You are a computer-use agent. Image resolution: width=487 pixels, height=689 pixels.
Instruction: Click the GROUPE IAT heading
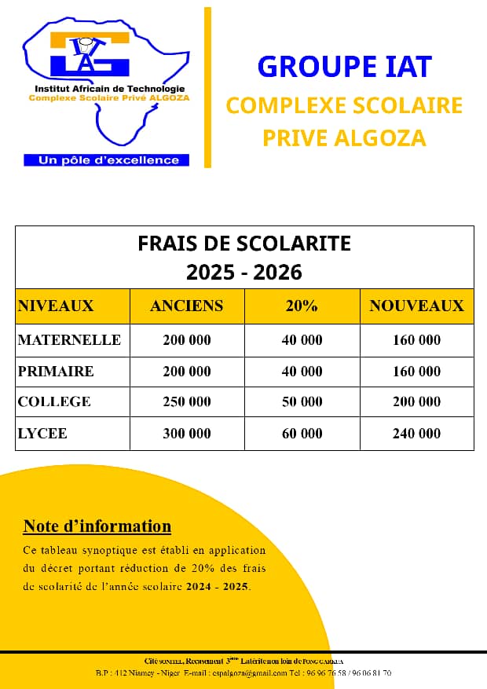345,67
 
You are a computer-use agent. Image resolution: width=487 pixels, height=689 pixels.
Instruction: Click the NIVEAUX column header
56,306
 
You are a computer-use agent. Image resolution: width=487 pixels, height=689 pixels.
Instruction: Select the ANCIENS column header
187,306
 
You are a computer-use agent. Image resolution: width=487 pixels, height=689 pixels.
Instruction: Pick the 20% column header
302,306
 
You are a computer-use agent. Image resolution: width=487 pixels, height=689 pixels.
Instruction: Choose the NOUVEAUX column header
416,306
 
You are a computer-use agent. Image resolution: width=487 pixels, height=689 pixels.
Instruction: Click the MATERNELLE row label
69,340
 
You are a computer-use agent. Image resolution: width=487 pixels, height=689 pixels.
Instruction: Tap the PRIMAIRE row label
56,371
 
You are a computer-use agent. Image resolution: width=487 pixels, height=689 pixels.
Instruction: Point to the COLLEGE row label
54,401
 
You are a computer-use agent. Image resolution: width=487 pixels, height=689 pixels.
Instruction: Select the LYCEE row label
42,433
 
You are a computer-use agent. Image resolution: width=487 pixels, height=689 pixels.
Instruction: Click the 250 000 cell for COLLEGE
187,401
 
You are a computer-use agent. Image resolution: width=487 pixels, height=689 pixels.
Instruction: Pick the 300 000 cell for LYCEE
187,433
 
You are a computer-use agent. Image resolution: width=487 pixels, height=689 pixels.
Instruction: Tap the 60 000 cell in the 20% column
302,433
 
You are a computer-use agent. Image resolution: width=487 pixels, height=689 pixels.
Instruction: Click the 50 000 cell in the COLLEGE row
302,401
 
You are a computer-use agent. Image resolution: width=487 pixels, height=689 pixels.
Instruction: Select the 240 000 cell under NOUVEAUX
416,433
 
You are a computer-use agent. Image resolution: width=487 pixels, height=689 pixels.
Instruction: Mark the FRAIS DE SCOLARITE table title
244,244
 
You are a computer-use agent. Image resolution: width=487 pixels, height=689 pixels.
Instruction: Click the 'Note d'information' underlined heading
97,526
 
